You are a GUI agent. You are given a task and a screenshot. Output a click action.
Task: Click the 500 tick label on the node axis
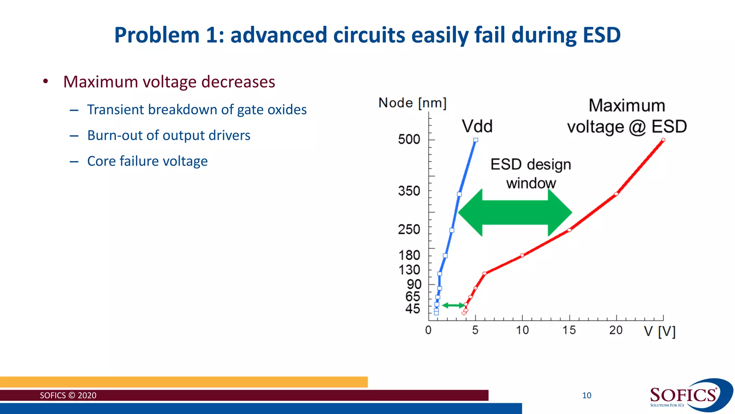click(x=409, y=139)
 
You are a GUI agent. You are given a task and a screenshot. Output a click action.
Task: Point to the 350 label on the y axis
click(x=409, y=191)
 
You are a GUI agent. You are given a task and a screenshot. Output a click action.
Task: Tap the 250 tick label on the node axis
click(x=409, y=229)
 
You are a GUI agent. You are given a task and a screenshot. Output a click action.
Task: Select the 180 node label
click(x=409, y=255)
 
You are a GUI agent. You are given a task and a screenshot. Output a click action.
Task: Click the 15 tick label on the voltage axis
click(x=569, y=330)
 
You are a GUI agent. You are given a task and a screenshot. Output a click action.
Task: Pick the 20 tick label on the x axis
click(x=616, y=330)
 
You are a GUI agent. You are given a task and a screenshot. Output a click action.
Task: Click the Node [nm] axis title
click(x=412, y=103)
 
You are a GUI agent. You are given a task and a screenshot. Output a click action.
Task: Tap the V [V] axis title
click(x=660, y=331)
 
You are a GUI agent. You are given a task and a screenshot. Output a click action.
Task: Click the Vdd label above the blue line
click(x=477, y=126)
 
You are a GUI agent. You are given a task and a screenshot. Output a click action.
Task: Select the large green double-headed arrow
click(x=515, y=213)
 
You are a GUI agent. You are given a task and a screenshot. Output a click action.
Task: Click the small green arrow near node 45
click(x=453, y=305)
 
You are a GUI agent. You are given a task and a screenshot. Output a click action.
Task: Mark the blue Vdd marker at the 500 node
click(x=476, y=140)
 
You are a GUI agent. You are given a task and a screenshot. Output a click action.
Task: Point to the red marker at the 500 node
click(x=663, y=140)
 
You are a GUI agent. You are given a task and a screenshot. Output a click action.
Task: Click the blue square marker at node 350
click(x=459, y=194)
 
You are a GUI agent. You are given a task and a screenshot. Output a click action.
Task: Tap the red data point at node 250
click(x=570, y=230)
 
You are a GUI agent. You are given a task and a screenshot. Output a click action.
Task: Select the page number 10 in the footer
click(x=587, y=396)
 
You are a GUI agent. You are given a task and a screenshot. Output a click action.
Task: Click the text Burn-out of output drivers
click(x=169, y=135)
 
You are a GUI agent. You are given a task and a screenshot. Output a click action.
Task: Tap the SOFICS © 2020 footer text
click(x=68, y=396)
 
